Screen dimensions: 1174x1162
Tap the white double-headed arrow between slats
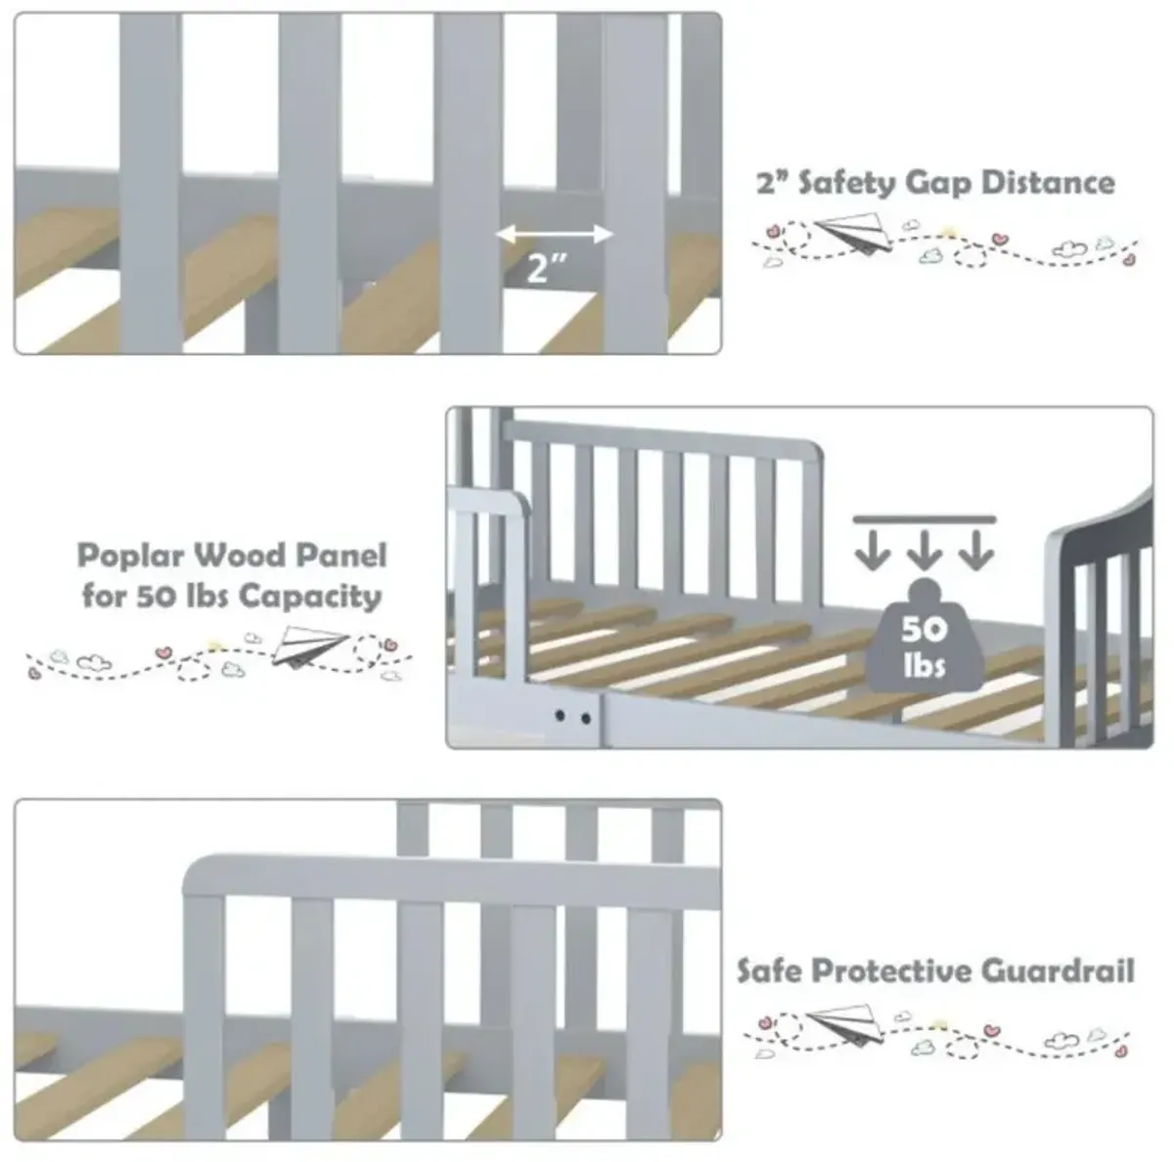pos(554,235)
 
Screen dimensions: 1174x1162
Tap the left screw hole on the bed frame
pos(560,715)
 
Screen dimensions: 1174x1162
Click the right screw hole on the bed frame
pos(586,719)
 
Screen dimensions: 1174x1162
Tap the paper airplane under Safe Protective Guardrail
pos(844,1024)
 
